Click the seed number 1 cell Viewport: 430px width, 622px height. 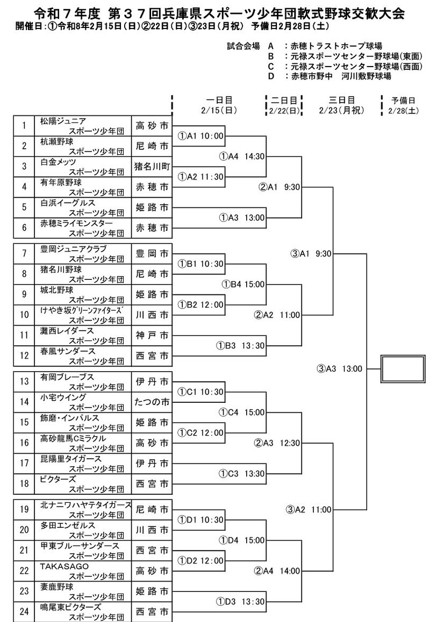click(x=24, y=126)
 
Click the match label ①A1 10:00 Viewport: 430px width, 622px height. click(x=202, y=136)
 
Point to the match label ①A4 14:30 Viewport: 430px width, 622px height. click(x=242, y=156)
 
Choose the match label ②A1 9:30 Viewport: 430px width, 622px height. click(x=279, y=187)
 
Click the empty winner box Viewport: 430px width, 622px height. click(x=403, y=368)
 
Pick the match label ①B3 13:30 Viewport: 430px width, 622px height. click(x=241, y=345)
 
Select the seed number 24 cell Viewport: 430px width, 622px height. click(x=24, y=611)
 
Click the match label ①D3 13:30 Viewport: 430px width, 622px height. click(x=241, y=601)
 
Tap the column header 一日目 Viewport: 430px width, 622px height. click(x=219, y=100)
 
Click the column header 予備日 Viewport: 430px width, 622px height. click(x=404, y=100)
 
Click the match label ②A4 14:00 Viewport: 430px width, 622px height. click(x=279, y=571)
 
